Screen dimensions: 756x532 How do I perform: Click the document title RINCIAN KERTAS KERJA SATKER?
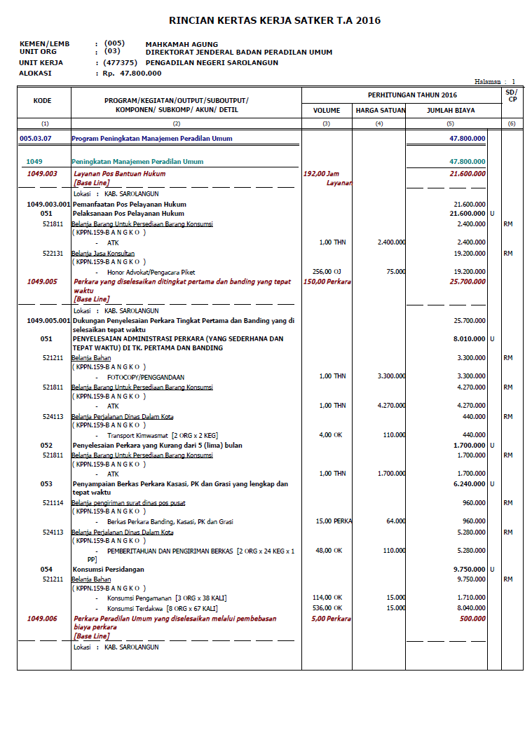tap(275, 21)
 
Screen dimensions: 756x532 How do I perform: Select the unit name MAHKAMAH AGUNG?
tap(182, 44)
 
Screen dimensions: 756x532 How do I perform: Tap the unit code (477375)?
tap(120, 62)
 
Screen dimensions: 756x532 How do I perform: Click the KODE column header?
tap(43, 101)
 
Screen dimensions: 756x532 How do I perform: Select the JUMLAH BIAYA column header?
tap(451, 111)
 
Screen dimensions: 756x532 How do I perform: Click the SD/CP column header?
tap(512, 95)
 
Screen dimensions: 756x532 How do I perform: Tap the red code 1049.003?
tap(42, 173)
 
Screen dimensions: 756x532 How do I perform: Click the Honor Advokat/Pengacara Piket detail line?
tap(151, 272)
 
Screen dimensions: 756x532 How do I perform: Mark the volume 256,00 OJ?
tap(327, 272)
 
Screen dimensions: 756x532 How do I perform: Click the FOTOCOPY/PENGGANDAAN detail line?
tap(146, 377)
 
